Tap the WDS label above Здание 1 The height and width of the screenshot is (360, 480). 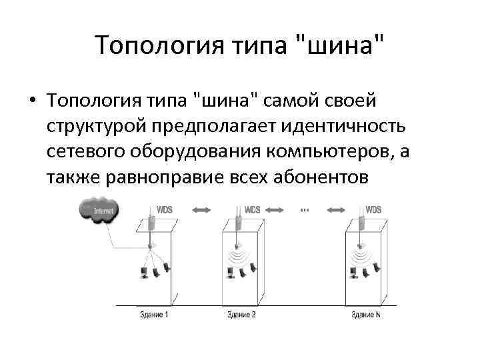[164, 210]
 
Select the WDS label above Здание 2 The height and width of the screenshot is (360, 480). [252, 210]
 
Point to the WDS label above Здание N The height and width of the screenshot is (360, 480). [374, 210]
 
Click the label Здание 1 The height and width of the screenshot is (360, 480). [154, 314]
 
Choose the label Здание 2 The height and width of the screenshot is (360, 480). [241, 314]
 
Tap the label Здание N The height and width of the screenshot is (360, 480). [366, 314]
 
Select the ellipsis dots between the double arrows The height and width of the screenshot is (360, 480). [304, 211]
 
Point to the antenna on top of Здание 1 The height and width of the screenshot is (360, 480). [151, 221]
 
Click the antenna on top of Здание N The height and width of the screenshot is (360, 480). [361, 221]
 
